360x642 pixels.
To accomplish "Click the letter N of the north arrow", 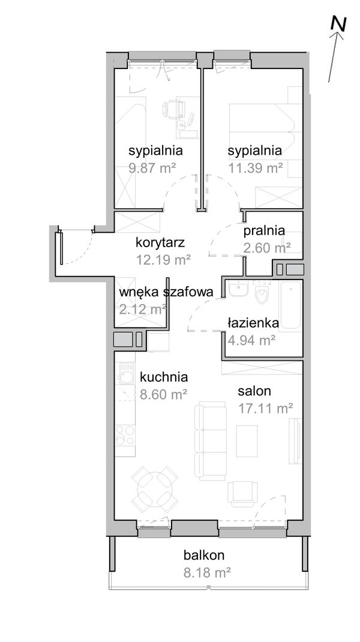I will [x=339, y=23].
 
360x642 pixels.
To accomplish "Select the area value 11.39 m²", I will [x=255, y=168].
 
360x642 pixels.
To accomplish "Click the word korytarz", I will [x=160, y=243].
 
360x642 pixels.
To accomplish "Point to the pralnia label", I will [x=264, y=230].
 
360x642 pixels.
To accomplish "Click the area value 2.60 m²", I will [x=267, y=247].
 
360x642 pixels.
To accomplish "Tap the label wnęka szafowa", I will [x=166, y=292].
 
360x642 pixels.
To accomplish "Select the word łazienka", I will [x=253, y=323].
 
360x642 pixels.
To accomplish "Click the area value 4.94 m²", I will [x=251, y=341].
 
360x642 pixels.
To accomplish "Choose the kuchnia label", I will [x=164, y=377].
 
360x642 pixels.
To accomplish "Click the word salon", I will [x=254, y=391].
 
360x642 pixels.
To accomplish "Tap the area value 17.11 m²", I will [x=265, y=409].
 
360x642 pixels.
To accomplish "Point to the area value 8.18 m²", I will [x=207, y=572].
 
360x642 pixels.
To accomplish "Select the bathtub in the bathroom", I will [x=292, y=306].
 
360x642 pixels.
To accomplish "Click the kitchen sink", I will [x=126, y=377].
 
